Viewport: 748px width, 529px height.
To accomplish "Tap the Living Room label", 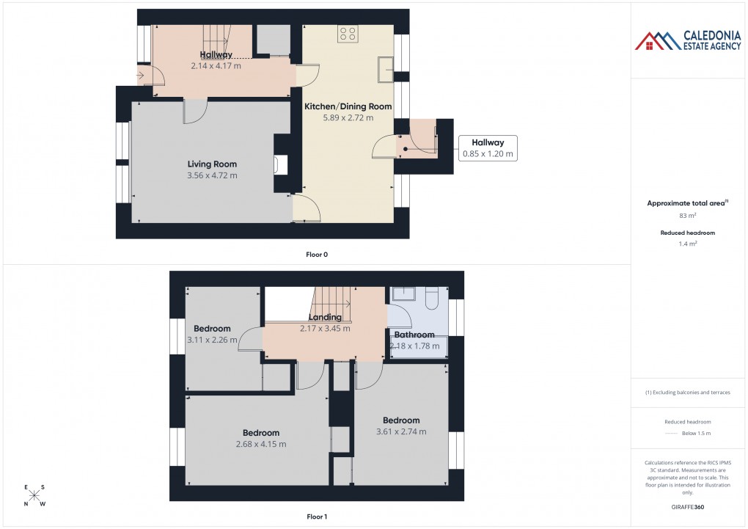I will pyautogui.click(x=212, y=164).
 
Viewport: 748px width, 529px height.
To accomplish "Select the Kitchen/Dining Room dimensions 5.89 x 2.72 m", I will pyautogui.click(x=348, y=117).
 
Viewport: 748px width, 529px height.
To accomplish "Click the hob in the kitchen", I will pyautogui.click(x=348, y=33).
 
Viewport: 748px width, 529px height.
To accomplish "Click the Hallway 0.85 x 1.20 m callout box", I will pyautogui.click(x=488, y=148).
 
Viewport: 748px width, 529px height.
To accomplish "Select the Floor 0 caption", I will pyautogui.click(x=317, y=255).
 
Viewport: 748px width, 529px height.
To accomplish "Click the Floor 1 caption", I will pyautogui.click(x=317, y=517).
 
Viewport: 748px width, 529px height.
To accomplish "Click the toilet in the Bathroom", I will pyautogui.click(x=432, y=295).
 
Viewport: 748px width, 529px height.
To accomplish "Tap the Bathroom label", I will pyautogui.click(x=414, y=335).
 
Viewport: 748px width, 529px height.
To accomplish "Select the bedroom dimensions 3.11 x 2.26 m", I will pyautogui.click(x=212, y=340).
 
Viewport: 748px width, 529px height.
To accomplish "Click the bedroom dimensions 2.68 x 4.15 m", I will pyautogui.click(x=261, y=444).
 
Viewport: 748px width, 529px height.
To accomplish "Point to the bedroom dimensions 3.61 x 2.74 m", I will pyautogui.click(x=400, y=431).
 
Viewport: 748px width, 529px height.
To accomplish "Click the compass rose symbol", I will pyautogui.click(x=34, y=495).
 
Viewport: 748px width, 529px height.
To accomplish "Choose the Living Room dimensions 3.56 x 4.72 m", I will pyautogui.click(x=212, y=175).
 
